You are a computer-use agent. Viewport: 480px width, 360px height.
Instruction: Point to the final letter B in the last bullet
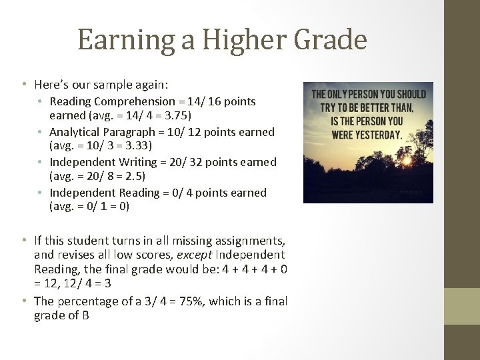click(85, 316)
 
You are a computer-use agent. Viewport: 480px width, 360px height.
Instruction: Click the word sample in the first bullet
click(113, 85)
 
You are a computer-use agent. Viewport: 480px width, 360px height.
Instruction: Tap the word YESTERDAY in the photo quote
click(374, 134)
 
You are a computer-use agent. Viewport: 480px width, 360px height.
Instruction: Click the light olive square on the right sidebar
click(462, 306)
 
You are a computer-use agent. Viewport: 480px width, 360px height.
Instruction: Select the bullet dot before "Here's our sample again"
click(23, 85)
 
